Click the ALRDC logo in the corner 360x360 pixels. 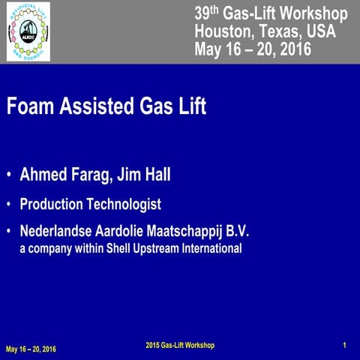[x=28, y=31]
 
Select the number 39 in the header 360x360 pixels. [x=202, y=14]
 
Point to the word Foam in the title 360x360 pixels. [x=31, y=106]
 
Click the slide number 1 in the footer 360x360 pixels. [x=343, y=345]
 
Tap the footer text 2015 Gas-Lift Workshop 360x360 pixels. [x=180, y=345]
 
